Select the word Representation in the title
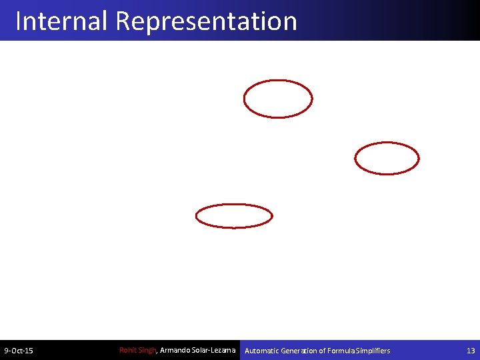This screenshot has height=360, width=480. point(206,21)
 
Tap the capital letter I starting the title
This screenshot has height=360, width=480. point(19,21)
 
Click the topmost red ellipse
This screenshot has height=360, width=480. point(278,99)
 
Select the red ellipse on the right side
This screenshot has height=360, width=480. point(387,159)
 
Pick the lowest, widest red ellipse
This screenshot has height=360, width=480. point(234,216)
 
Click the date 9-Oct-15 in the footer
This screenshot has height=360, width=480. point(19,351)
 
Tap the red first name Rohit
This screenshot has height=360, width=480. point(128,350)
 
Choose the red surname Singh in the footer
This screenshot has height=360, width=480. point(147,350)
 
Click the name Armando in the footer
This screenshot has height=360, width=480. point(175,350)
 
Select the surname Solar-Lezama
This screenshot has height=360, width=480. point(214,350)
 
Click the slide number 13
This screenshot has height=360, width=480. point(471,351)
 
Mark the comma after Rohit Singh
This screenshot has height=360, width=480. point(157,352)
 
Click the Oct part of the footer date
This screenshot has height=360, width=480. point(18,351)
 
